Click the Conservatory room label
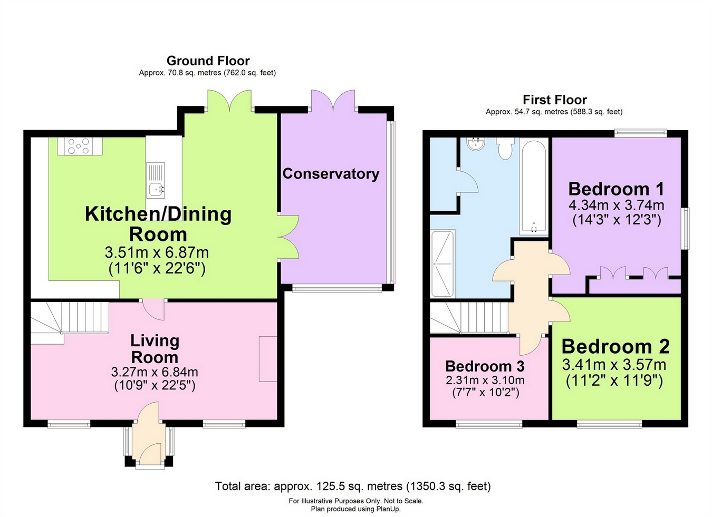tap(331, 174)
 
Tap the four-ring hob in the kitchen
tap(80, 146)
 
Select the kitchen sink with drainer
tap(156, 180)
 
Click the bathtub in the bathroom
tap(534, 187)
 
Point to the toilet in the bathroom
tap(505, 148)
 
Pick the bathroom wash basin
tap(476, 144)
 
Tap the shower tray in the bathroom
tap(442, 264)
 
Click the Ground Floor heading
tap(208, 61)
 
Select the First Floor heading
tap(555, 100)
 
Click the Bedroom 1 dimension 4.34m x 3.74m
tap(617, 205)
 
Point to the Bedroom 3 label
tap(485, 366)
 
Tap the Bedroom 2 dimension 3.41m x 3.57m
tap(614, 365)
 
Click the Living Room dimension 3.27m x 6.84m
tap(155, 372)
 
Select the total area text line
tap(353, 486)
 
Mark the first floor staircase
tap(469, 318)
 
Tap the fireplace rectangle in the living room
tap(268, 358)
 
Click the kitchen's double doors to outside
tap(229, 101)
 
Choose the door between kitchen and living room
tap(153, 309)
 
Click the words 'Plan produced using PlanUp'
tap(355, 509)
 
